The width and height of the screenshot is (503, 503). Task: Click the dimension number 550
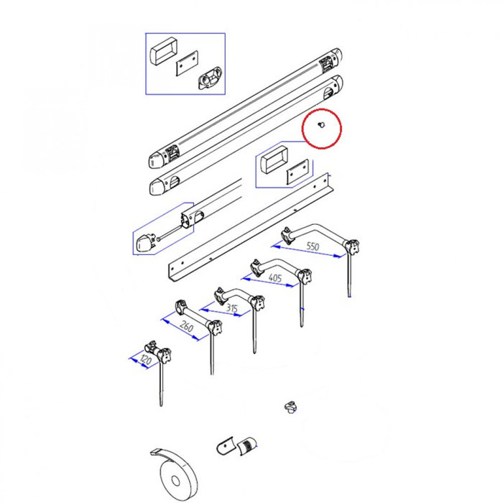click(313, 246)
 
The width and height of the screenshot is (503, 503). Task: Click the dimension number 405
click(275, 277)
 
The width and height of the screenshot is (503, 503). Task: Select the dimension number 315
click(231, 308)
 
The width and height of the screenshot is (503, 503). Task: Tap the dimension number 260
click(186, 326)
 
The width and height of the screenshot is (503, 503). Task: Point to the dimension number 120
click(145, 359)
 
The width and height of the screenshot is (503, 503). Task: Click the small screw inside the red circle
click(321, 124)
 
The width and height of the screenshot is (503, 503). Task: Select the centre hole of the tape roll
click(175, 481)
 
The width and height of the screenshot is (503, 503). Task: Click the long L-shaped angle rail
click(251, 227)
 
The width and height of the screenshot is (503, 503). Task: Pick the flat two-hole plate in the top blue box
click(187, 63)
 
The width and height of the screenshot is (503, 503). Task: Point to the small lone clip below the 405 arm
click(290, 407)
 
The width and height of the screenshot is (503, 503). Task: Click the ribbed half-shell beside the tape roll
click(248, 446)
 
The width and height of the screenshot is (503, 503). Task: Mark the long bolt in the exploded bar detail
click(170, 232)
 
